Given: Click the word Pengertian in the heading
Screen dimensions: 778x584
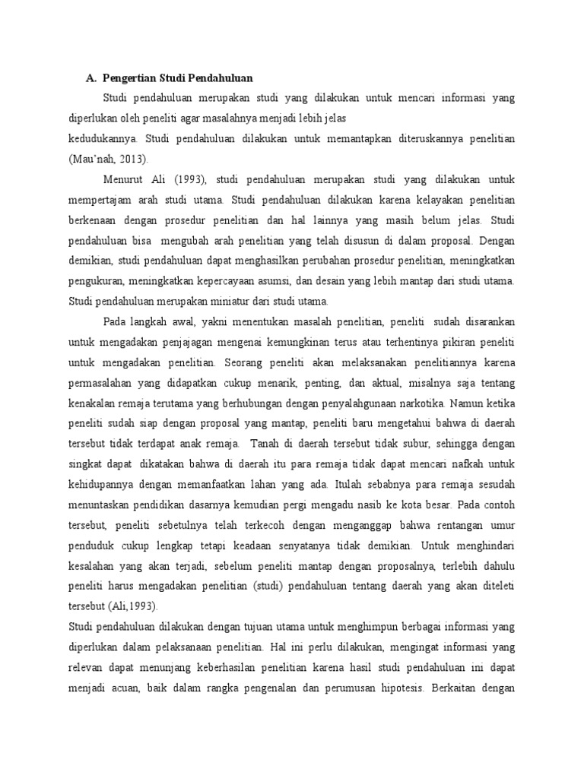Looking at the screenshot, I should point(132,77).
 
